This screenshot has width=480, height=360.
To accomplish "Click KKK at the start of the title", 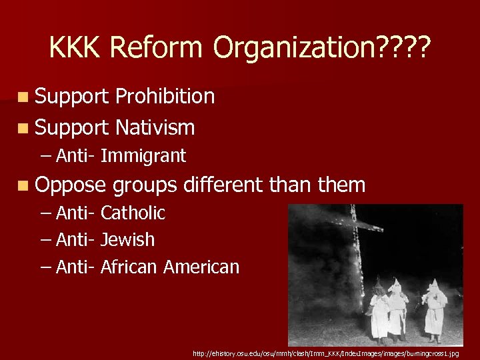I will tap(75, 47).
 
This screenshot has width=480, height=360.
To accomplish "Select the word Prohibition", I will tap(165, 97).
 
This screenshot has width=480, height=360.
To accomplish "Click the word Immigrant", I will tap(143, 156).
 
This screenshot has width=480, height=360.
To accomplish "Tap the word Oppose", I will tap(71, 185).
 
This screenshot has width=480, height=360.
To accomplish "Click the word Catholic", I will tap(133, 213).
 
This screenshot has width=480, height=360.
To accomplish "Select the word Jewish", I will tap(127, 240).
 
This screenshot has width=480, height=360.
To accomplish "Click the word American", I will tap(201, 267).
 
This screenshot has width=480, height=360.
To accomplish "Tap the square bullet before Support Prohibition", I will tap(23, 97).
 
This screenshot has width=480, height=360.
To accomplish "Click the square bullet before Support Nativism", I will tap(23, 127).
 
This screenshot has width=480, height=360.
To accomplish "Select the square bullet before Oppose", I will tap(23, 185).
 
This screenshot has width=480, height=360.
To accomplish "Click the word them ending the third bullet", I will tap(342, 185).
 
